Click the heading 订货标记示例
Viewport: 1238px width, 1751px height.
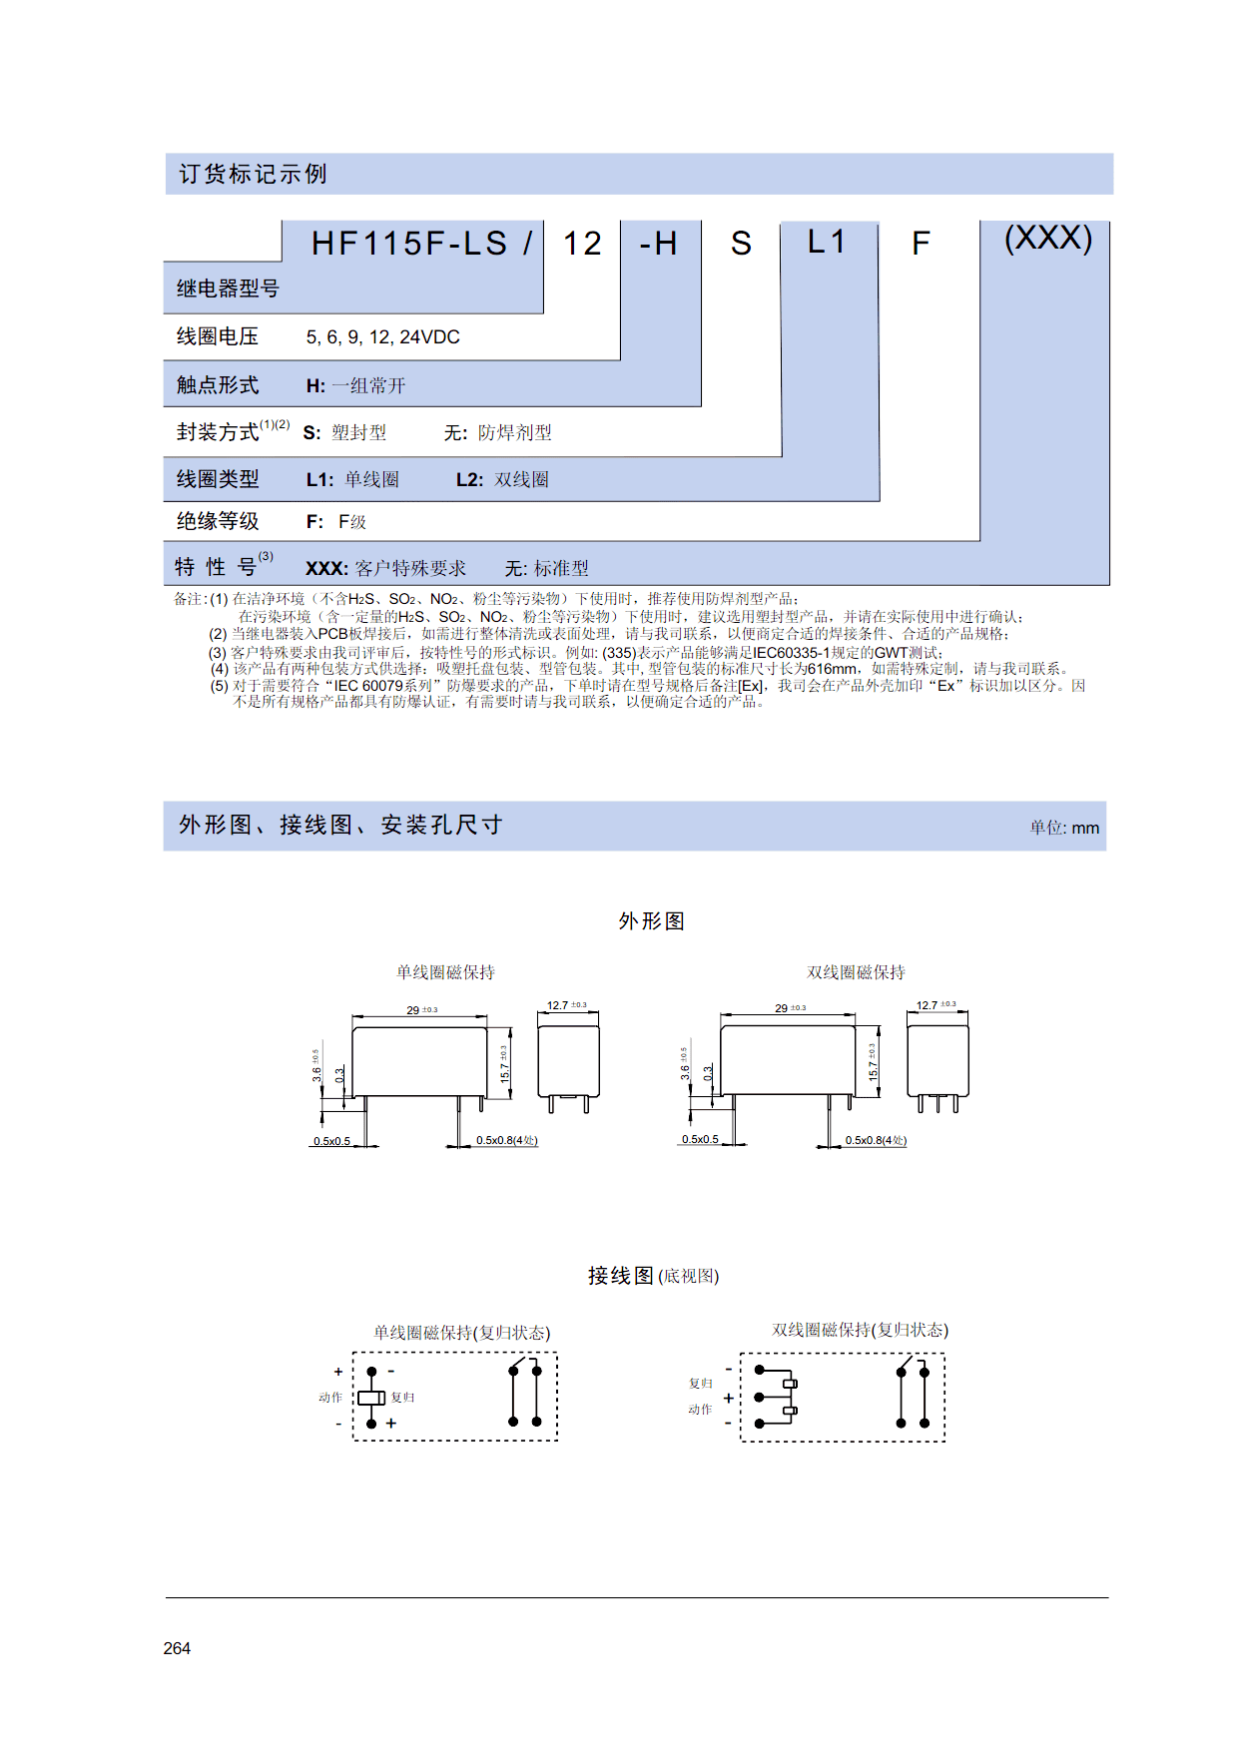coord(253,174)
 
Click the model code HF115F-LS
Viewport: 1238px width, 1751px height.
coord(409,244)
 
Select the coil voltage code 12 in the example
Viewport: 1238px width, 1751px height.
coord(582,244)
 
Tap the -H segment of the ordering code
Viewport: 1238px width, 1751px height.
coord(659,244)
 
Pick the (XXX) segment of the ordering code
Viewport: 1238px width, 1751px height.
coord(1048,239)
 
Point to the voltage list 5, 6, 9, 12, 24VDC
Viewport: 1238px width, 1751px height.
coord(382,337)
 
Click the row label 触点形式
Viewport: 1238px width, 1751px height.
coord(218,385)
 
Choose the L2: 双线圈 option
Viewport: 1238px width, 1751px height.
coord(502,479)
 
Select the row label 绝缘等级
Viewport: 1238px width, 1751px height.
coord(218,521)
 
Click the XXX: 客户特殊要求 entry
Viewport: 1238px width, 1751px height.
coord(385,568)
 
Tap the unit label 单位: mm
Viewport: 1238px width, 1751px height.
coord(1064,828)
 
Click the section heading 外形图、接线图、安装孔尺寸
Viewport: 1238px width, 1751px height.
coord(340,825)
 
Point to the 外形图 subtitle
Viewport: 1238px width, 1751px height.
coord(651,920)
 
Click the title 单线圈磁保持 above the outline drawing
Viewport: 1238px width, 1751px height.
coord(445,972)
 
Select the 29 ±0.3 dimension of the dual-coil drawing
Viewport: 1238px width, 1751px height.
coord(790,1008)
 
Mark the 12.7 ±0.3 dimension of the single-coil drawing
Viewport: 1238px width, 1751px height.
coord(567,1005)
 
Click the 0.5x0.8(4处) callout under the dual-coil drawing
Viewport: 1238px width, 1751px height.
coord(876,1140)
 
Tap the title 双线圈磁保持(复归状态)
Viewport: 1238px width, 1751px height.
coord(860,1330)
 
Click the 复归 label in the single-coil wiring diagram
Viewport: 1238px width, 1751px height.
coord(402,1398)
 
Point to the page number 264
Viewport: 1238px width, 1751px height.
coord(177,1648)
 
